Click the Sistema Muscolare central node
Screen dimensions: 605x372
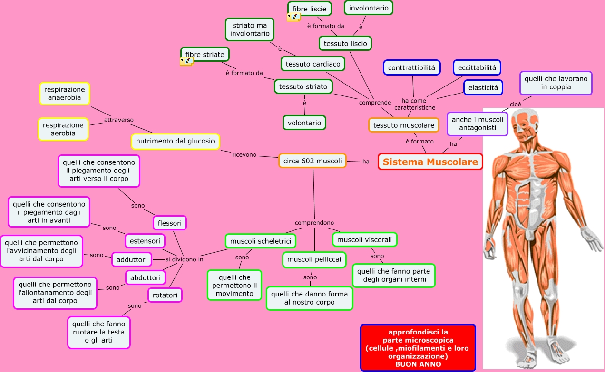[x=430, y=162]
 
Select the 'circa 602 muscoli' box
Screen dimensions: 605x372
[x=312, y=161]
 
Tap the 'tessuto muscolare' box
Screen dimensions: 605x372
[x=403, y=125]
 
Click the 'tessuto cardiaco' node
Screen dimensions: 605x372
[x=312, y=64]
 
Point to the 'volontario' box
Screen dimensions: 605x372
[x=304, y=123]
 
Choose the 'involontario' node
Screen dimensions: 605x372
[x=369, y=8]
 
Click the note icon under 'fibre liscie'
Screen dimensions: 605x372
[x=294, y=17]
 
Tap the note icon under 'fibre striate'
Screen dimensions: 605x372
[x=187, y=61]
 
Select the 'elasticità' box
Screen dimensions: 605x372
[x=483, y=87]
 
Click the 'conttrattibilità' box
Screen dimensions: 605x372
[x=411, y=67]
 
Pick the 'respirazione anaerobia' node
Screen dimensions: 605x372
[x=65, y=94]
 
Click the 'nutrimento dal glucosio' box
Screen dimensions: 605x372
[x=175, y=141]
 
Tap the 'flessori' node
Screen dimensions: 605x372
[x=170, y=222]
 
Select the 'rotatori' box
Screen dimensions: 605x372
[x=165, y=295]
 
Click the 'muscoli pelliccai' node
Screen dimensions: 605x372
[x=314, y=259]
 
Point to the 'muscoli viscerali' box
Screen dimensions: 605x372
[x=364, y=240]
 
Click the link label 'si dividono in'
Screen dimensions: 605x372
[x=184, y=259]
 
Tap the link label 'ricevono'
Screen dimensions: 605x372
[x=244, y=155]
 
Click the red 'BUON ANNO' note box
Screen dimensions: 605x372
[x=418, y=348]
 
